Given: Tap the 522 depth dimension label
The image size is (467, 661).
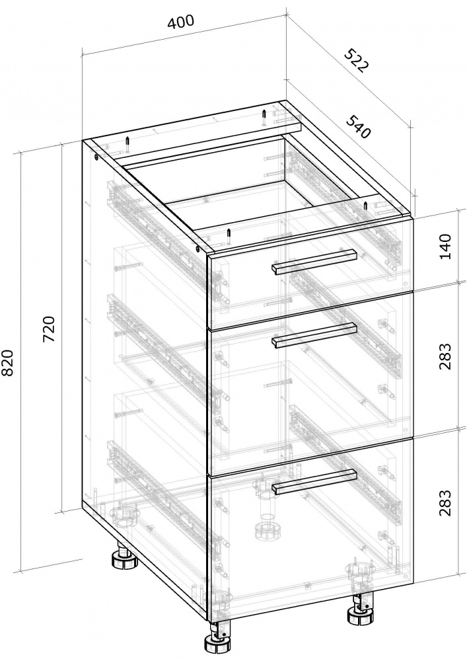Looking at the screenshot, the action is (357, 61).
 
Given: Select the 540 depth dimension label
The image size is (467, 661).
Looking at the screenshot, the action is (359, 126).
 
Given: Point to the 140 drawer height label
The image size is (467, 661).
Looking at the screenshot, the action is (445, 247).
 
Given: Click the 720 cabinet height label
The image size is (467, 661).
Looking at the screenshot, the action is (50, 329).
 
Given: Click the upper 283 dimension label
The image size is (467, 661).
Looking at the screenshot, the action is (445, 356).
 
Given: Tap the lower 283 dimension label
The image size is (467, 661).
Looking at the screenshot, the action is (445, 502).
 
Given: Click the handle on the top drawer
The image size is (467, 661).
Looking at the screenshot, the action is (314, 262).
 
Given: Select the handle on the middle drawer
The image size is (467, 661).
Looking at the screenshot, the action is (314, 336).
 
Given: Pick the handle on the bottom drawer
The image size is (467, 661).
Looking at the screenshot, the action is (314, 481).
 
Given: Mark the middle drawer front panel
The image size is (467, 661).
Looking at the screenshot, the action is (310, 383).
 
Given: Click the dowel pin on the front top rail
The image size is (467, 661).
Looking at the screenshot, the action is (229, 236).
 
